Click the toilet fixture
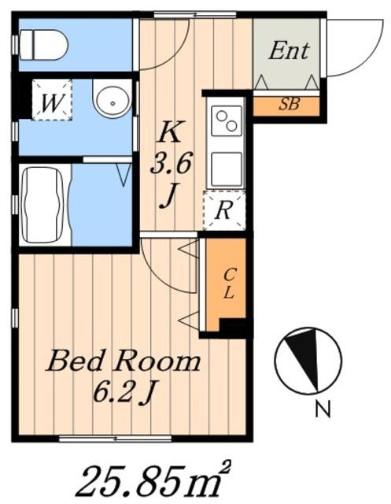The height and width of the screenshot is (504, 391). (x=43, y=45)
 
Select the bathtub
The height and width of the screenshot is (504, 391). (x=44, y=205)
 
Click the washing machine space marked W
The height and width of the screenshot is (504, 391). (x=52, y=100)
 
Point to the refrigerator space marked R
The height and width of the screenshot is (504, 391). (x=224, y=210)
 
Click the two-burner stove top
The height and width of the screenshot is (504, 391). (x=227, y=120)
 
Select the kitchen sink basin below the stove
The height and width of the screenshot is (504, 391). (x=227, y=169)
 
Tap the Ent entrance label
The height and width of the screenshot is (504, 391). (x=289, y=50)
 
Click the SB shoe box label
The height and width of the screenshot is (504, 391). (x=290, y=104)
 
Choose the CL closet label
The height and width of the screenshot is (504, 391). (x=228, y=283)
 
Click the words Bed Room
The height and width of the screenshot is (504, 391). (x=124, y=361)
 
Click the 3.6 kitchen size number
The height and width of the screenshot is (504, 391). (x=171, y=163)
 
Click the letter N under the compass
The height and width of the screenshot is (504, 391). (x=323, y=409)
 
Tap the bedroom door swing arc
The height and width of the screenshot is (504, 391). (x=160, y=276)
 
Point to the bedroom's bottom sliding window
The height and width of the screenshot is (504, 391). (x=116, y=438)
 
